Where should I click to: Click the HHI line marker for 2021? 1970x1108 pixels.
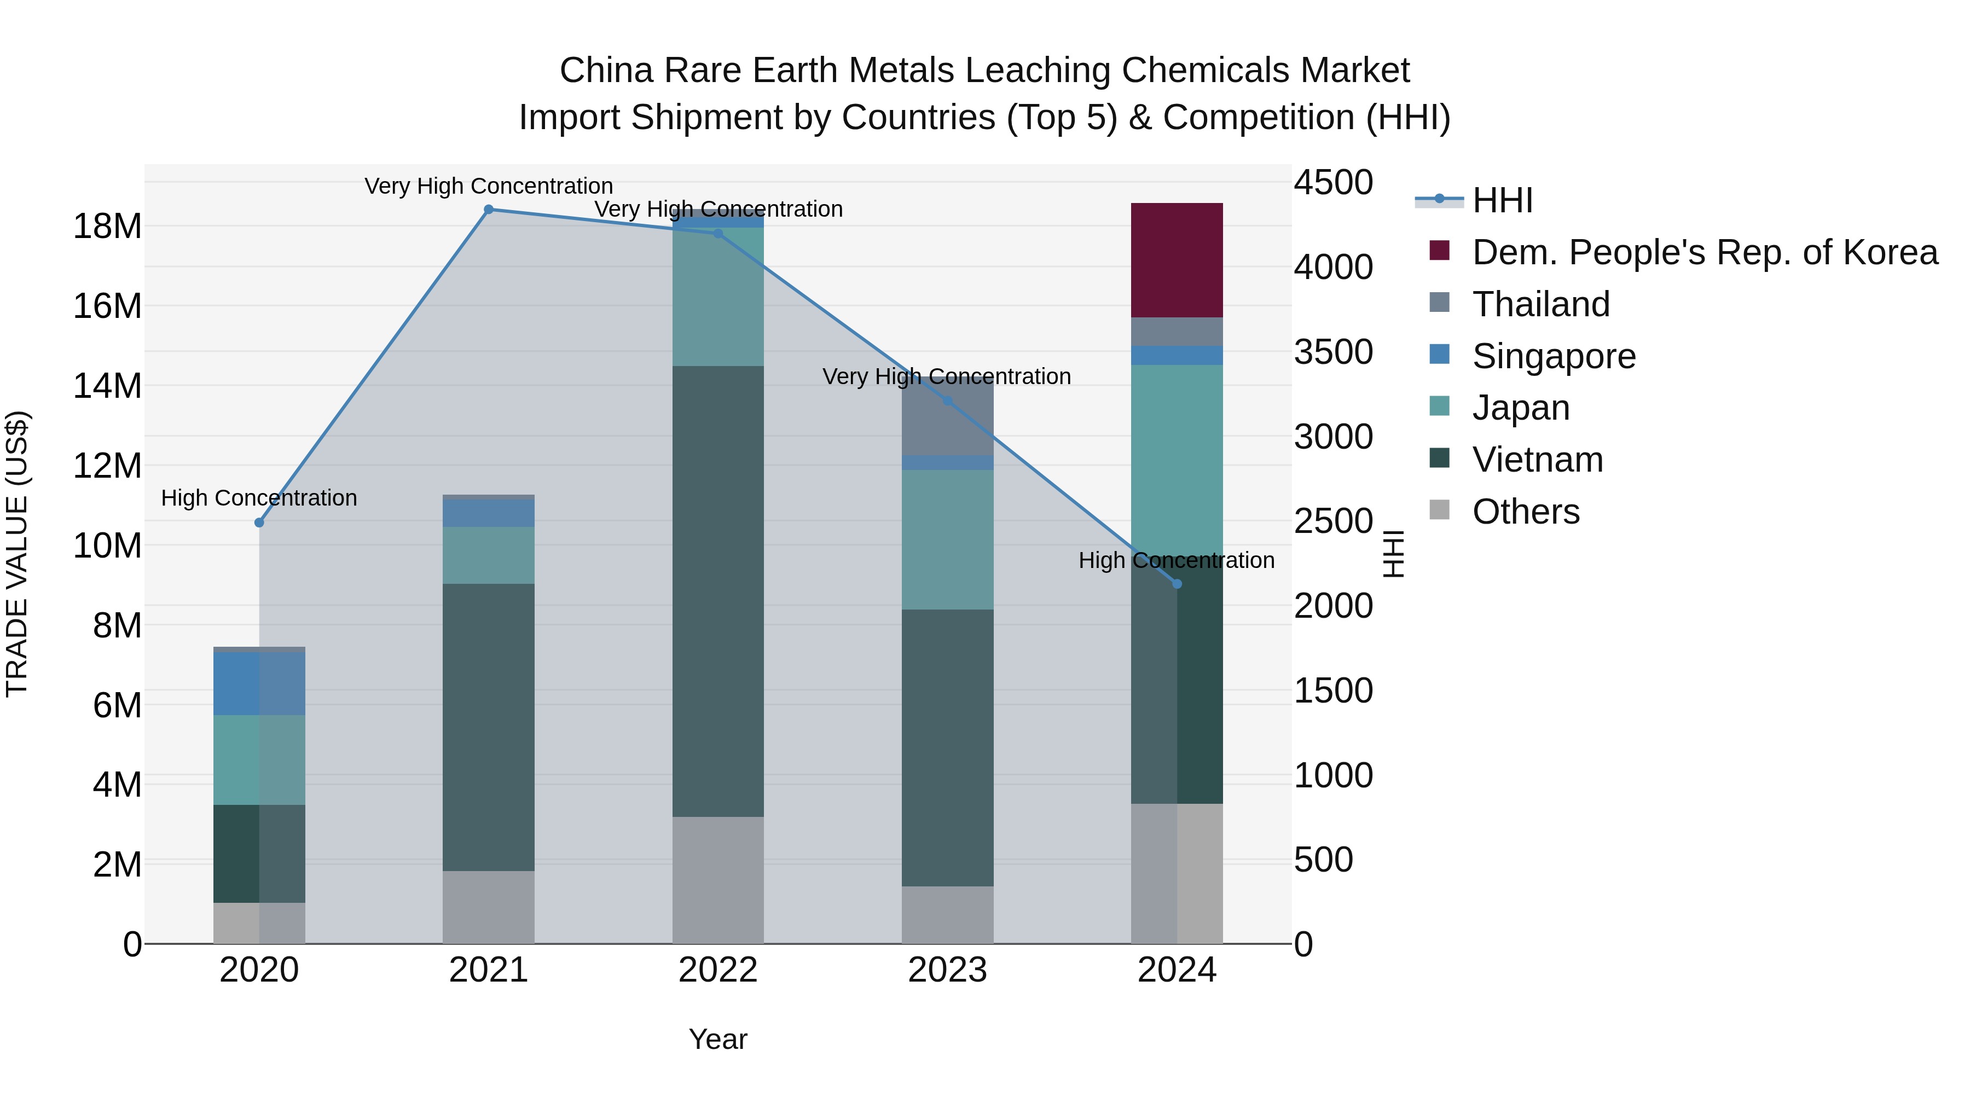coord(489,210)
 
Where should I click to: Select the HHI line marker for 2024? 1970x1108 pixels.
coord(1177,584)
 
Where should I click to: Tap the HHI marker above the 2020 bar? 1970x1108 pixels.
coord(259,523)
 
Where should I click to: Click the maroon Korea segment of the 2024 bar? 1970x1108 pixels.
coord(1177,260)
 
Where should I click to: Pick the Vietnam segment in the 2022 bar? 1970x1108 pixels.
coord(718,590)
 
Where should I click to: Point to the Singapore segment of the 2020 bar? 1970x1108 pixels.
coord(259,683)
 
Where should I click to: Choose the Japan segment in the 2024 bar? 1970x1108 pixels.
coord(1177,459)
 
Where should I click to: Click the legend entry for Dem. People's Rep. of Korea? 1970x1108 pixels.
coord(1704,252)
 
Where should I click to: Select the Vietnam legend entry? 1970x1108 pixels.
coord(1537,460)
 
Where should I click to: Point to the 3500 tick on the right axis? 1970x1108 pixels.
coord(1334,352)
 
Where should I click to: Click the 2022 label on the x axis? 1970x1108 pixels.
coord(718,970)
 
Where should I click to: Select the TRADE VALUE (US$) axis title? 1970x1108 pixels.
coord(17,554)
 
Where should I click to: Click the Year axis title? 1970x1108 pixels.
coord(718,1039)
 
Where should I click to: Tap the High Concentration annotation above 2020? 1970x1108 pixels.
coord(259,498)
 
